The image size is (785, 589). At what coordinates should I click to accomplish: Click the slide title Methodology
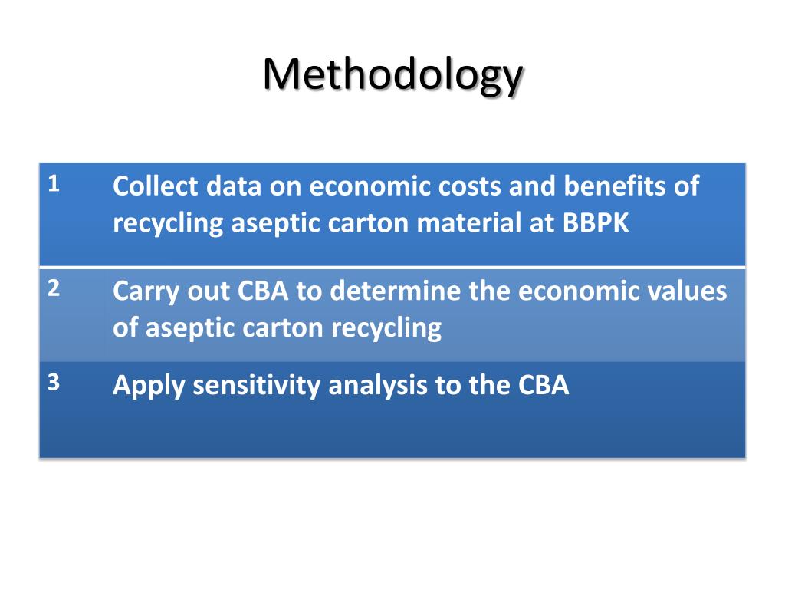coord(392,75)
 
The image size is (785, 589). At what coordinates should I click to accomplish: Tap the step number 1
coord(54,184)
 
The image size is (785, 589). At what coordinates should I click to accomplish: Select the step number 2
coord(54,289)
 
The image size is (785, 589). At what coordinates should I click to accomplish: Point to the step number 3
coord(54,383)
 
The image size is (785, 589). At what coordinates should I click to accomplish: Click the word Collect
coord(156,186)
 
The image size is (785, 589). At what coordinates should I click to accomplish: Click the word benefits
coord(613,186)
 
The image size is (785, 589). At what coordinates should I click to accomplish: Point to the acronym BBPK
coord(596,223)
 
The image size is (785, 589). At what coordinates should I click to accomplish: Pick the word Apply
coord(149,385)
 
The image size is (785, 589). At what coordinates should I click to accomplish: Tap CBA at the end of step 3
coord(544,385)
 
